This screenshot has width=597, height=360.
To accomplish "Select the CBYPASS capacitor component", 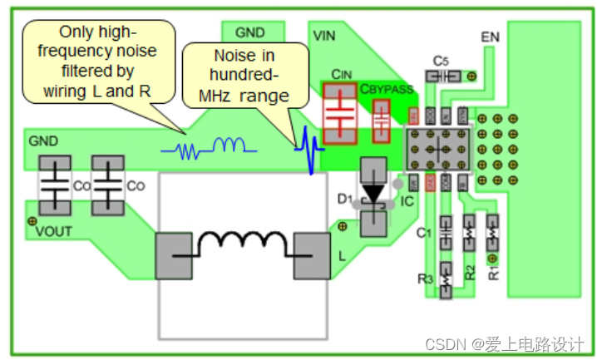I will pos(381,121).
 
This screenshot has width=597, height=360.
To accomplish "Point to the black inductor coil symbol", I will pos(241,244).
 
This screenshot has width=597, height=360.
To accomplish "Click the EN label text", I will pos(491,37).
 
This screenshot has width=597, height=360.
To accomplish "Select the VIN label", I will pos(323,36).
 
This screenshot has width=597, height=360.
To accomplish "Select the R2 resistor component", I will pos(469,233).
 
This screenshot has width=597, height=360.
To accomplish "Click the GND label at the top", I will pos(249,33).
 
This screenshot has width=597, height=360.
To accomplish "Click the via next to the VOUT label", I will pos(32,220).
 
